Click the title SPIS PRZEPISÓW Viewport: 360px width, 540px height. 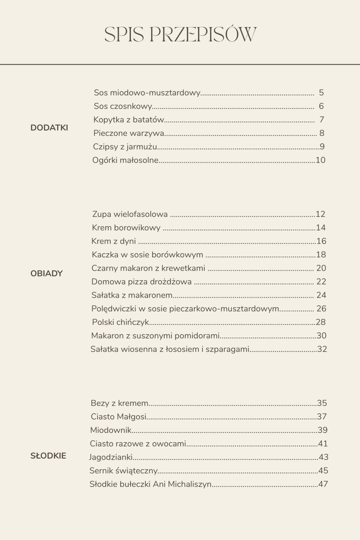pos(180,35)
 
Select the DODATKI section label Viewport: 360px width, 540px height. pos(49,128)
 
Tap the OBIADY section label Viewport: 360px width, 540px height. pos(46,274)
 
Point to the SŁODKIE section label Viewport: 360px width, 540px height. pos(48,456)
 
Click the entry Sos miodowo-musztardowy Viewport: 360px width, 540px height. pos(147,93)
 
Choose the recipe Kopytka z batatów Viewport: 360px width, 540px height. pos(128,120)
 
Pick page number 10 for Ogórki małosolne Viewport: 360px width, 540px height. pos(320,160)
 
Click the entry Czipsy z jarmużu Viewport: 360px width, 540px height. pos(125,147)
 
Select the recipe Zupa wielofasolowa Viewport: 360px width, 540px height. pos(130,214)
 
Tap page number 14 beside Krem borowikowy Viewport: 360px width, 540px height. pos(320,228)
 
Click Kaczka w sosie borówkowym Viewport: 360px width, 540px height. pos(147,255)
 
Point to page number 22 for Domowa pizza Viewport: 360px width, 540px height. pos(321,282)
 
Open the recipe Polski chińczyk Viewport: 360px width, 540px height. pos(120,322)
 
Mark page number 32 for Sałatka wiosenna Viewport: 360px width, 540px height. pos(322,349)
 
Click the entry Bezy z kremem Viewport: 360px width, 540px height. pos(119,403)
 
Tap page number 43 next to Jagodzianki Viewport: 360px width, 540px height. pos(323,457)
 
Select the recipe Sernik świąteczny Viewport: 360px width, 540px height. pos(123,471)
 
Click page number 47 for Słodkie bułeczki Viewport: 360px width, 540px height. pos(323,484)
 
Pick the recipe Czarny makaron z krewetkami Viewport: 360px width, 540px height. pos(148,268)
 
